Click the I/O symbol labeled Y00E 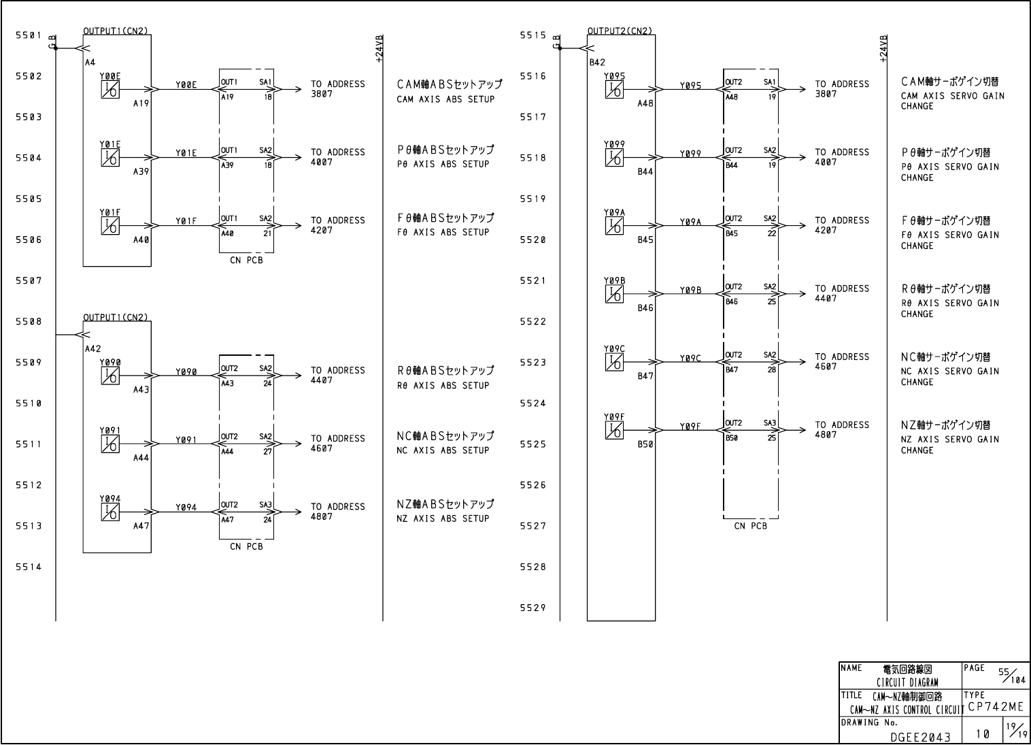coord(109,90)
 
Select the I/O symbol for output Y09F coord(614,430)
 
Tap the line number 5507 coord(29,280)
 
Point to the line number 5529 coord(533,608)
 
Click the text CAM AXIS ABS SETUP coord(445,99)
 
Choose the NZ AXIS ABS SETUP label coord(443,518)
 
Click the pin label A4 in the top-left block coord(90,63)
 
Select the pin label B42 coord(597,63)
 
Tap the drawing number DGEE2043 coord(921,736)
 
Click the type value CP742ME coord(995,707)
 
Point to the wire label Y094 coord(186,508)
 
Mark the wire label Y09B coord(690,291)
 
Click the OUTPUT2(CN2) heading coord(620,31)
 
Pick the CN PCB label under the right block coord(750,526)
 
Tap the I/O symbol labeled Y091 coord(109,444)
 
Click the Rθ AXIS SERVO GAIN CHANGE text coord(950,308)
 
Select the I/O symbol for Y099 coord(614,158)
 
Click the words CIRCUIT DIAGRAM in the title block coord(907,682)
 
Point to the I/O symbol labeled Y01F coord(109,226)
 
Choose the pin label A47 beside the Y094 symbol coord(141,526)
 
